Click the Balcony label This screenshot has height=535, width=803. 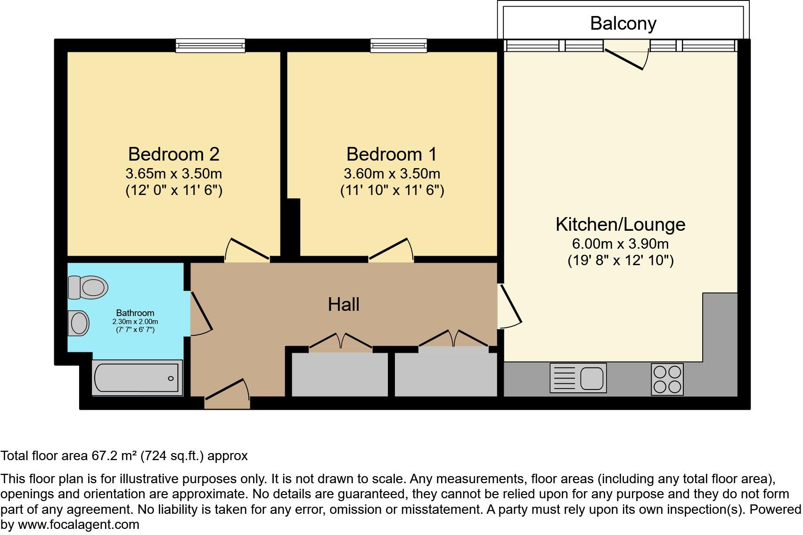(623, 23)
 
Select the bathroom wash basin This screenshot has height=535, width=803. (79, 323)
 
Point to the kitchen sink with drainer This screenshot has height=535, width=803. (578, 378)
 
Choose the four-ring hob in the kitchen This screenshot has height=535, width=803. (667, 379)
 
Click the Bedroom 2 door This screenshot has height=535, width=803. (246, 250)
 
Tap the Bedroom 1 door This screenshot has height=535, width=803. (391, 249)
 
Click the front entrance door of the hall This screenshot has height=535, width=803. (227, 393)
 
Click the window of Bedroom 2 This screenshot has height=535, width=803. (211, 45)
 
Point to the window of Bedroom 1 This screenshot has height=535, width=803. (398, 45)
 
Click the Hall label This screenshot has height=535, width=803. (344, 304)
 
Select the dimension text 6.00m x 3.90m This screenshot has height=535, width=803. (620, 244)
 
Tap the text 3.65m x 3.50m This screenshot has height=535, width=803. (173, 174)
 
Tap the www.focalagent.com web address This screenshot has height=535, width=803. (78, 525)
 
